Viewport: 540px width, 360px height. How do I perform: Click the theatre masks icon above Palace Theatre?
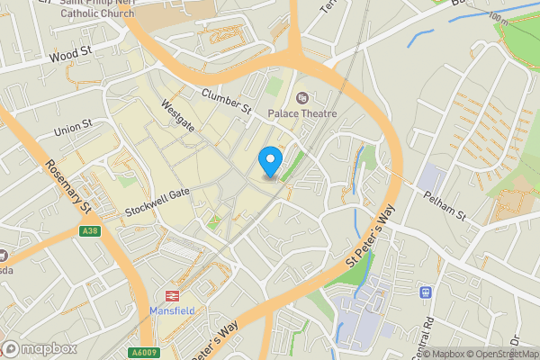click(301, 95)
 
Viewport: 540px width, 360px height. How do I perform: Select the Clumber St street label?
click(226, 101)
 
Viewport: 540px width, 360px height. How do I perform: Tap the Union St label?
click(73, 128)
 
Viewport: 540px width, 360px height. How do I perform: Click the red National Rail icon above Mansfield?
click(168, 295)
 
